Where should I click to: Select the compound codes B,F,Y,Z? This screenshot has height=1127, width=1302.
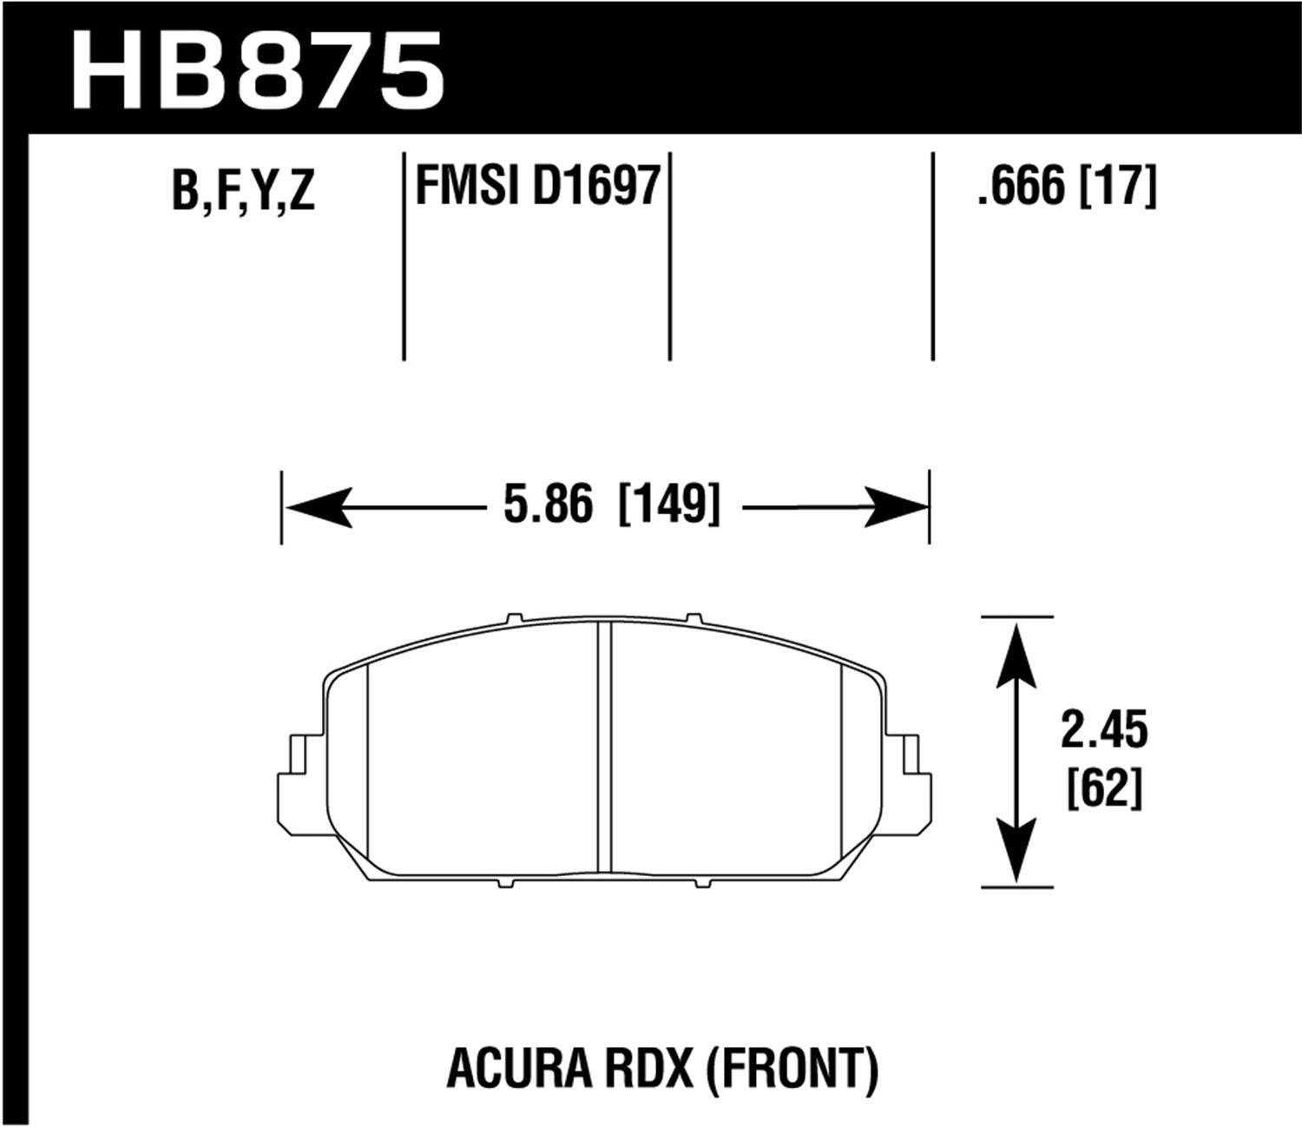243,191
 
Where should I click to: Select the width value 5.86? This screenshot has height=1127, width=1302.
549,505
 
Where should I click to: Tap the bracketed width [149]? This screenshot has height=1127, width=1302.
668,505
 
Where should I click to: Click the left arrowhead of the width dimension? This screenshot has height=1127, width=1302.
319,507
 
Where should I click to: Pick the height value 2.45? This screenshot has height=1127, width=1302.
1103,731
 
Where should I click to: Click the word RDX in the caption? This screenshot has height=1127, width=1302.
652,1069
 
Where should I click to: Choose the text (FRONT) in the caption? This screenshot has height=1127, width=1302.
792,1069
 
